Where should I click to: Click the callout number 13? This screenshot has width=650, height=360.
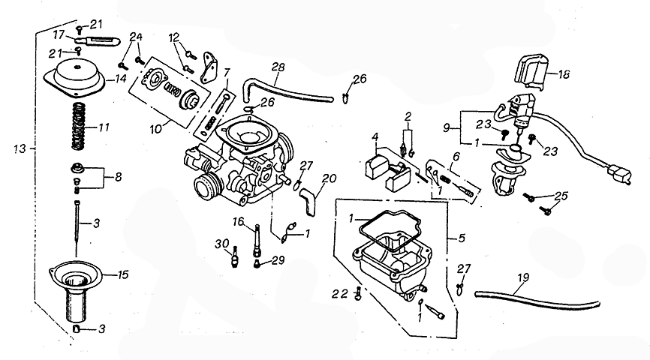coord(20,150)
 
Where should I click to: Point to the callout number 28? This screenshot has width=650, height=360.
coord(278,67)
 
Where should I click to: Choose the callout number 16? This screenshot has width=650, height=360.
coord(239,221)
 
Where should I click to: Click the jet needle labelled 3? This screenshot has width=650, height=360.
coord(77,220)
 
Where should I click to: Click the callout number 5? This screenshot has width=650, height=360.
coord(461,238)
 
